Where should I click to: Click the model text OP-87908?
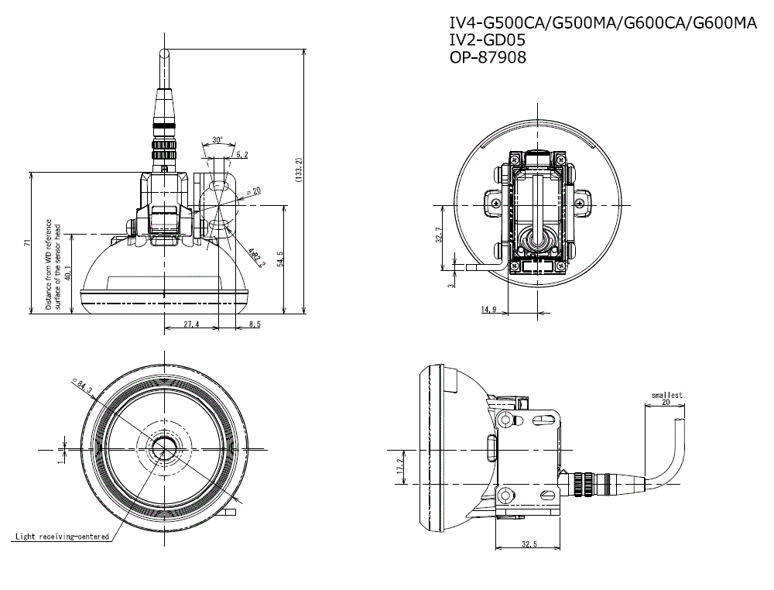(488, 57)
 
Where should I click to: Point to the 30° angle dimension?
(217, 140)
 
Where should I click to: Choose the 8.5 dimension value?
(254, 324)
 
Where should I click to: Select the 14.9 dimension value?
(488, 310)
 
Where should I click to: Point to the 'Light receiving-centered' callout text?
(61, 536)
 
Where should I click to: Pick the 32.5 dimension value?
(528, 544)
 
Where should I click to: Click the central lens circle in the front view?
(163, 449)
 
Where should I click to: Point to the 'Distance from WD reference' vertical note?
(48, 263)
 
